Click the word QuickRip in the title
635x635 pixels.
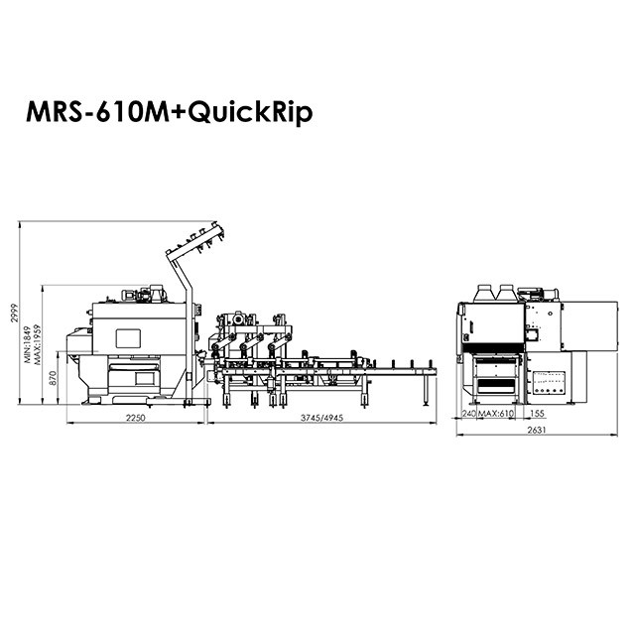coord(250,113)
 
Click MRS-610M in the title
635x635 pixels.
coord(97,112)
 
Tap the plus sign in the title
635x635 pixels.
coord(179,113)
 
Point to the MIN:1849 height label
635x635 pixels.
coord(27,344)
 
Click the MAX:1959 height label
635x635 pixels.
coord(38,344)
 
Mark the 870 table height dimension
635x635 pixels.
coord(53,378)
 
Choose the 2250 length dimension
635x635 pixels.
coord(135,418)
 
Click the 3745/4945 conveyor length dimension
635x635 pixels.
coord(321,418)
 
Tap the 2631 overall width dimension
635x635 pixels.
coord(537,430)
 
